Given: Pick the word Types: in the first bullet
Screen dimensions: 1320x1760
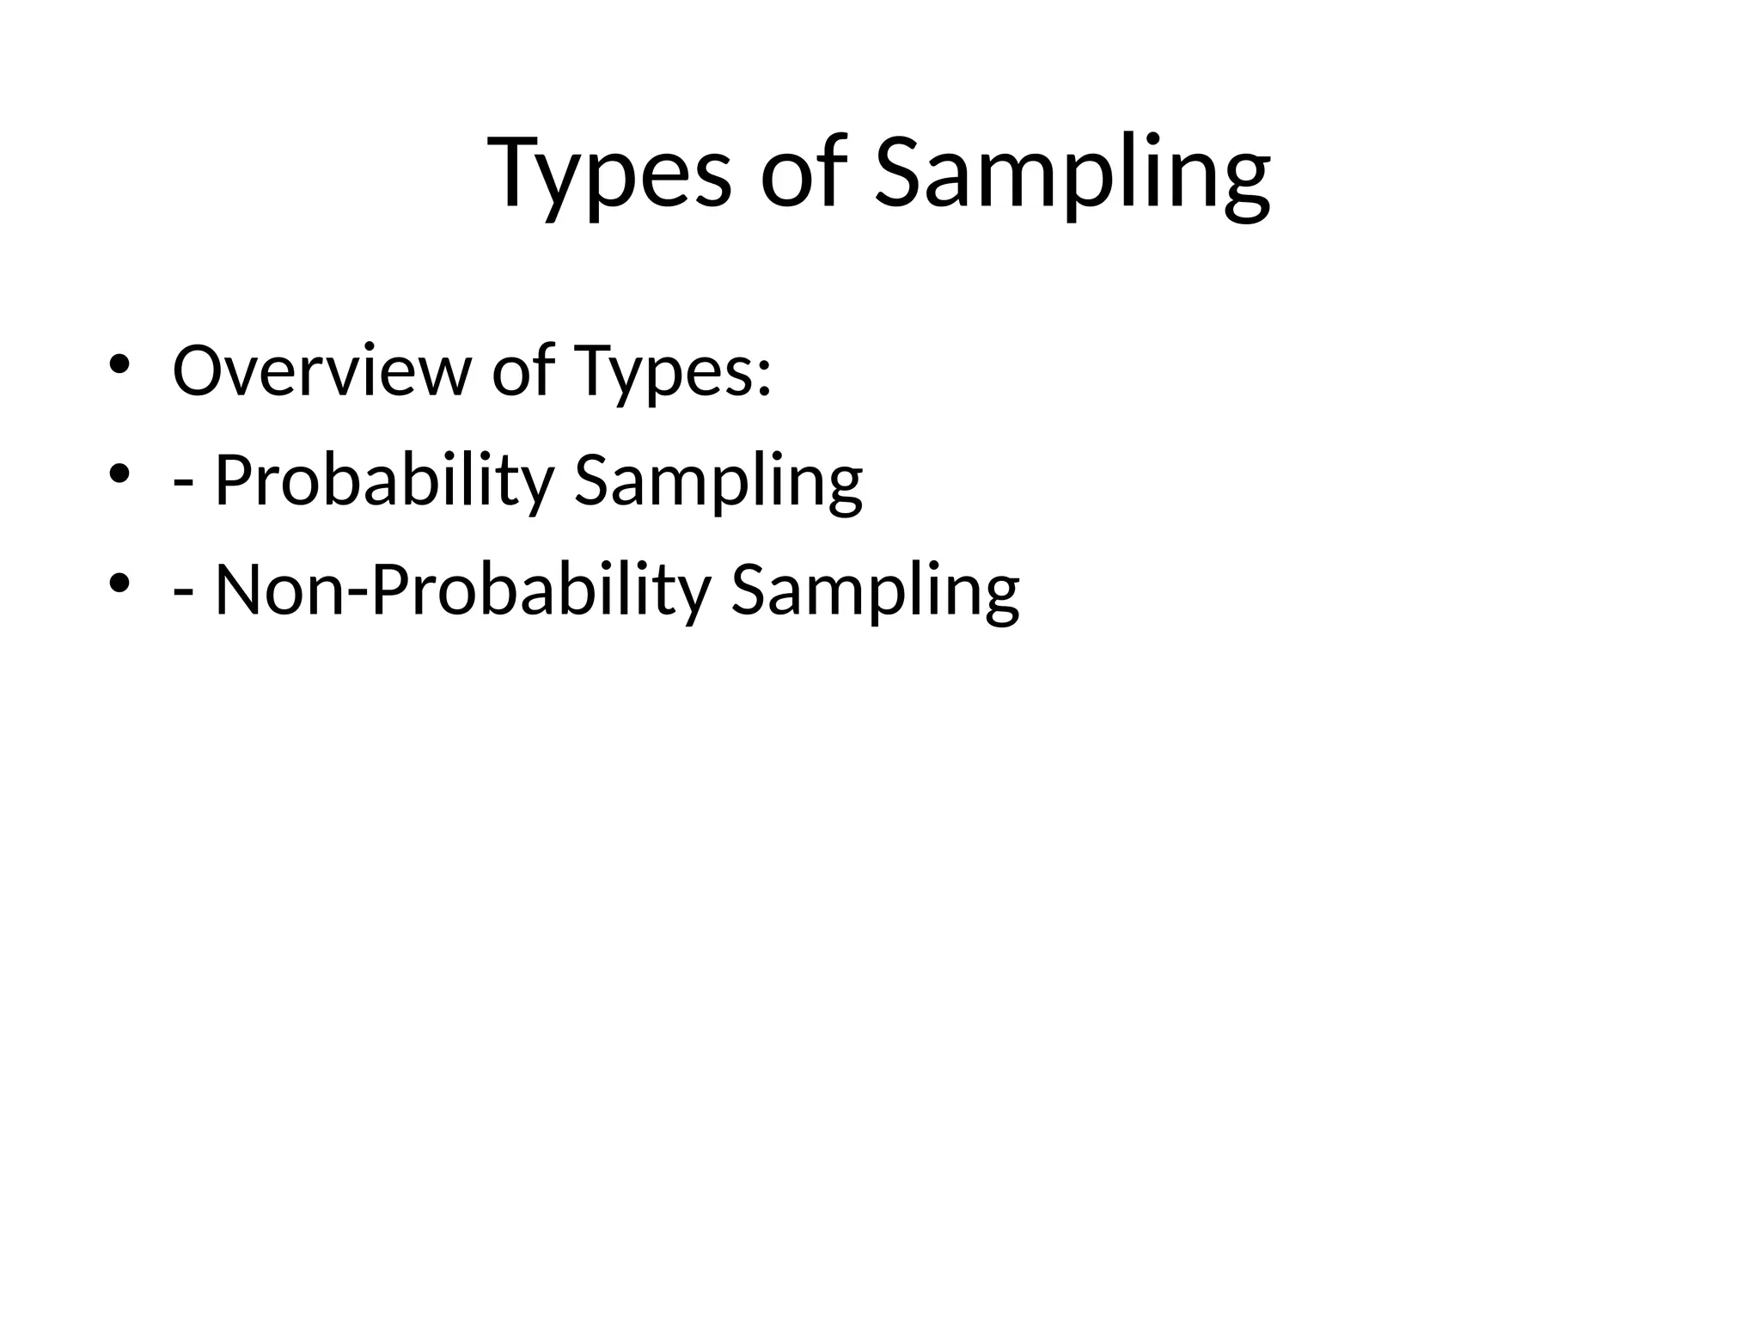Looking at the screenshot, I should pos(672,371).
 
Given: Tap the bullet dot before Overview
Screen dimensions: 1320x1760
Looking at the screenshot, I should pos(119,364).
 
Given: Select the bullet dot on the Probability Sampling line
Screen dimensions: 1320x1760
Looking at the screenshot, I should pos(119,474).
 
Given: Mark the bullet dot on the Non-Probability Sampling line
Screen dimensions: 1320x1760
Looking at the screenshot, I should pos(119,584).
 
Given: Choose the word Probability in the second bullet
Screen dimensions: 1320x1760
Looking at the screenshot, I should pos(384,480).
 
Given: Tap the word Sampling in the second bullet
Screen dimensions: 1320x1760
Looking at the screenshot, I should pos(718,480).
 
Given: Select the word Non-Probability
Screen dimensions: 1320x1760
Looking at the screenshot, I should pos(462,590).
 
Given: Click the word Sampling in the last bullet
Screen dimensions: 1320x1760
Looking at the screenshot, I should pos(875,590).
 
